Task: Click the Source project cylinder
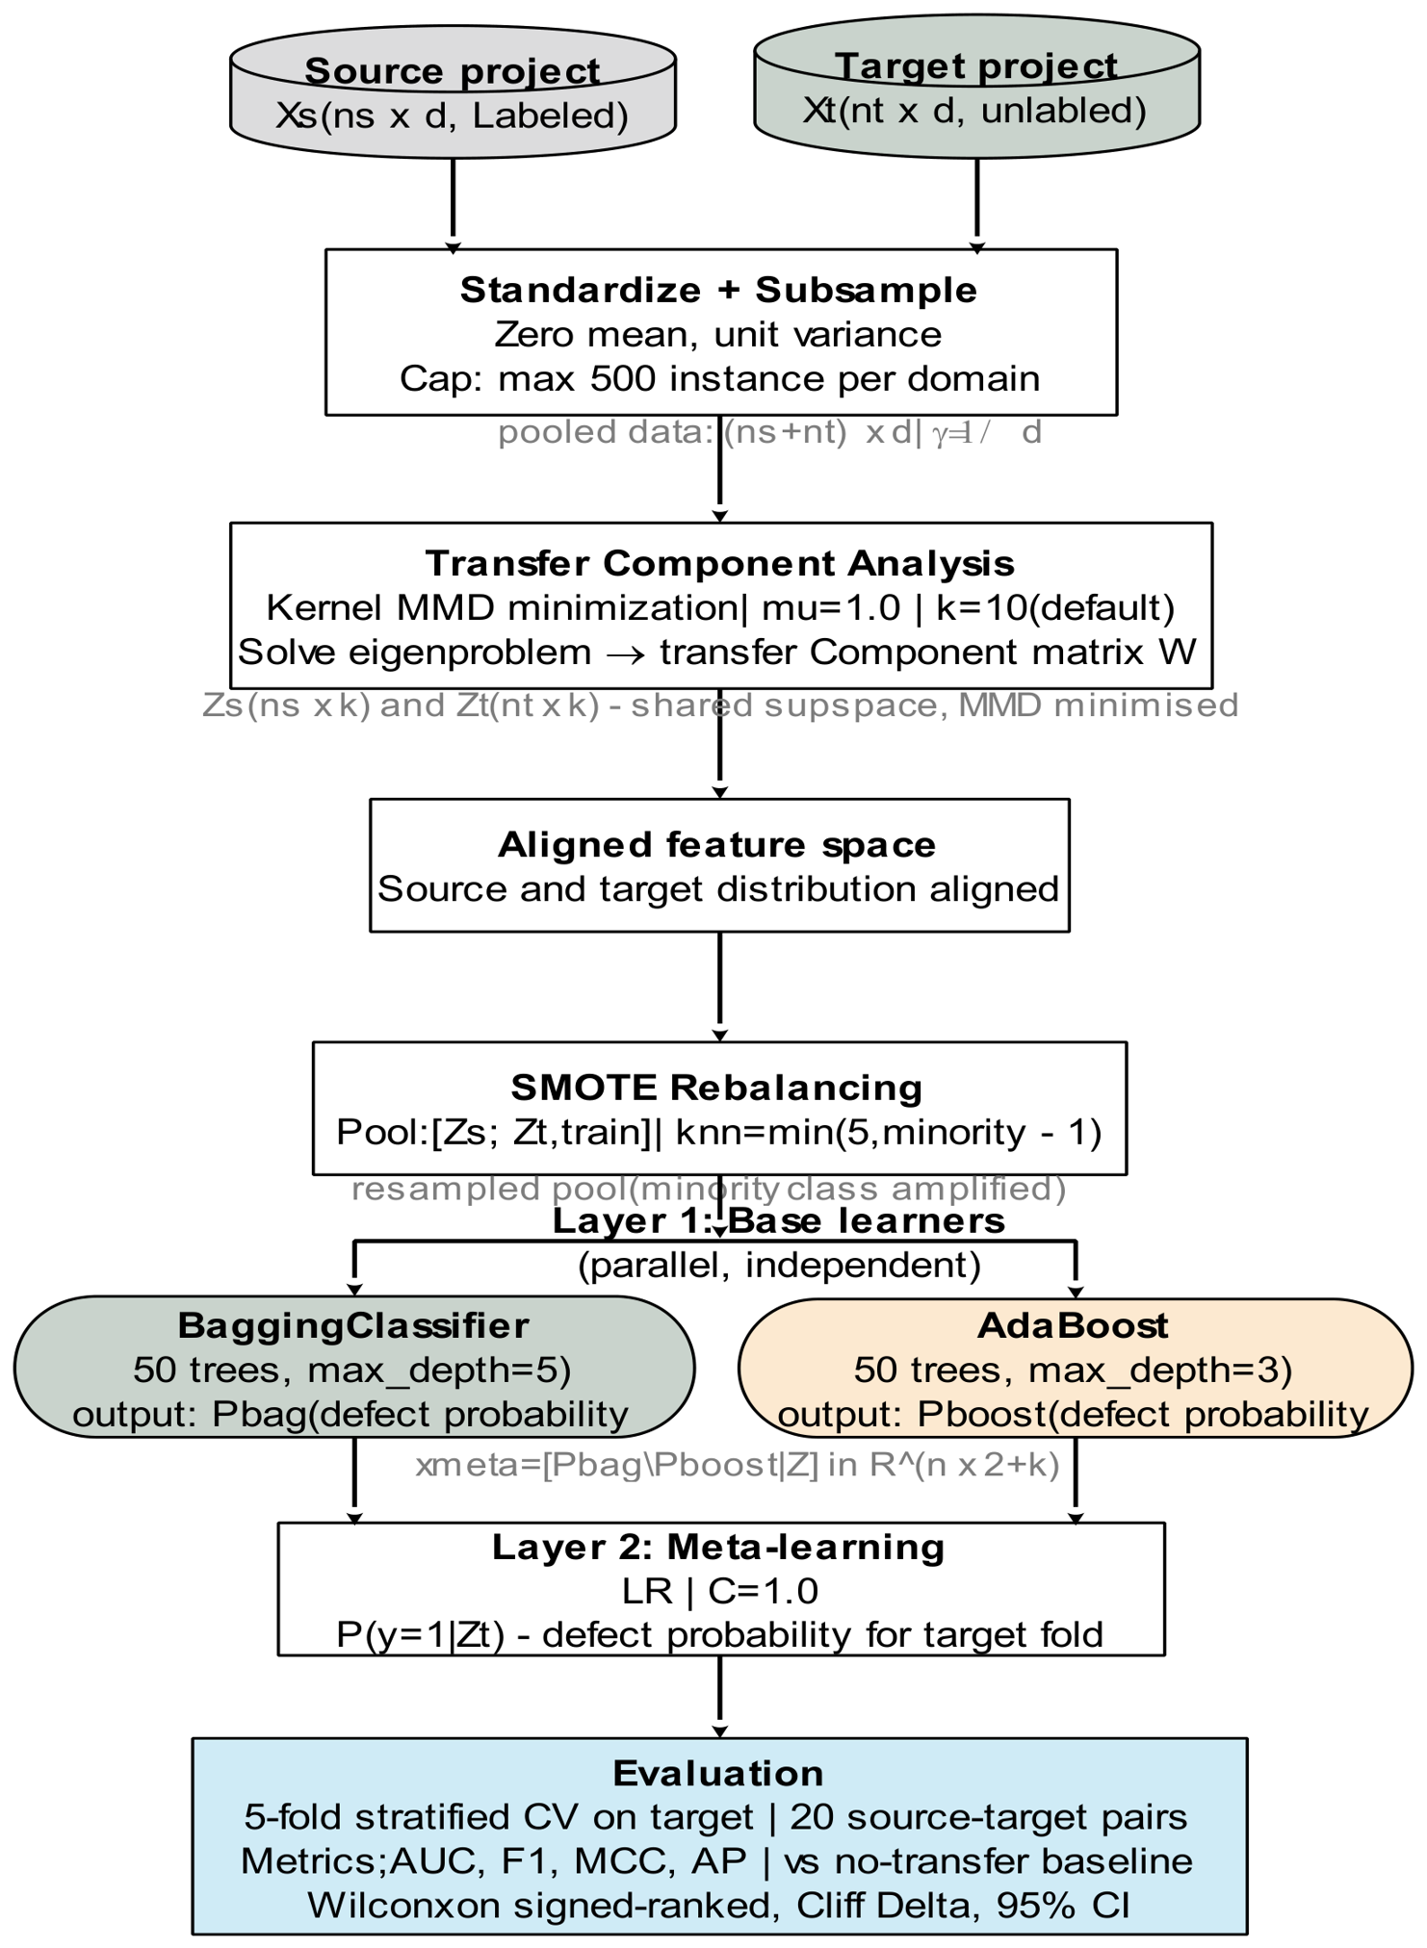coord(453,92)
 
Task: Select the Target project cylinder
coord(976,87)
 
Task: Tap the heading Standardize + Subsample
coord(719,290)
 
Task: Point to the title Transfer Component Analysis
coord(720,563)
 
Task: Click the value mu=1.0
coord(831,607)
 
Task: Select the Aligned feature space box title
coord(717,844)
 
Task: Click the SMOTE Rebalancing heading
coord(717,1087)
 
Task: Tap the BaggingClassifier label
coord(353,1325)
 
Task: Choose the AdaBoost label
coord(1073,1325)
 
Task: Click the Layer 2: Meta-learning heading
coord(719,1547)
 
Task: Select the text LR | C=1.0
coord(720,1591)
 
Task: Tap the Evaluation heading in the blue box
coord(718,1773)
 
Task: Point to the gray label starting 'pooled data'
coord(769,432)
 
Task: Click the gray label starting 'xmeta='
coord(738,1465)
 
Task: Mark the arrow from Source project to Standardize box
coord(453,206)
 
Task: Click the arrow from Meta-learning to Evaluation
coord(719,1697)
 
